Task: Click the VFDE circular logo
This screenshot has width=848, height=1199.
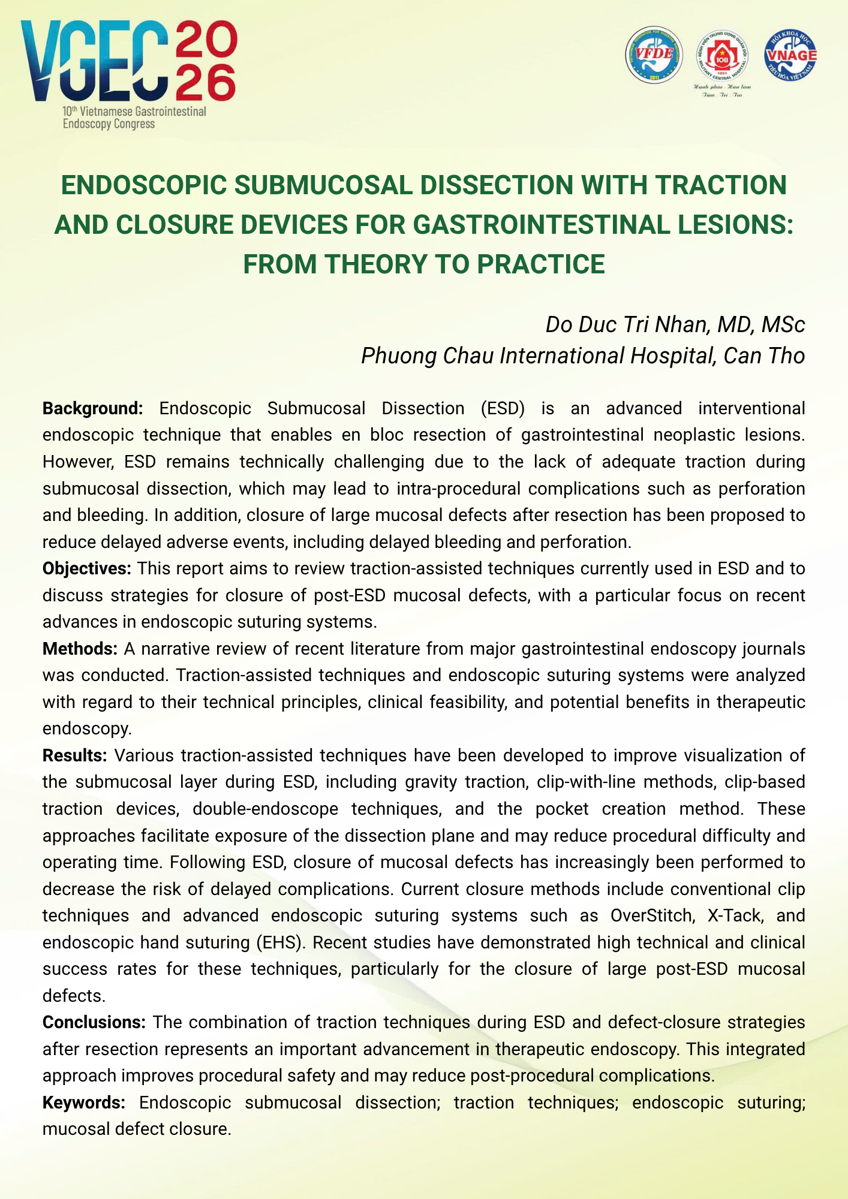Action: (x=654, y=55)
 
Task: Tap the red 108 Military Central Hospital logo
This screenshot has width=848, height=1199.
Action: (x=722, y=58)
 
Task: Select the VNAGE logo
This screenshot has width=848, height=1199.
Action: (x=790, y=55)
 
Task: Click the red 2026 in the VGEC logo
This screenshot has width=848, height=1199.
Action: (x=205, y=61)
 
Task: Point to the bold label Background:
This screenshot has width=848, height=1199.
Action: (x=92, y=408)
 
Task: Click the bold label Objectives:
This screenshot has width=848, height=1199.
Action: (x=86, y=568)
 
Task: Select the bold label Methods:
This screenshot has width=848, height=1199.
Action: (x=80, y=649)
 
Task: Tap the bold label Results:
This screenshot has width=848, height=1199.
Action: (x=74, y=755)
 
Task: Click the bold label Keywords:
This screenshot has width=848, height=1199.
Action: (x=83, y=1102)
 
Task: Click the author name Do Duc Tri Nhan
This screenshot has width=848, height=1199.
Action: (x=623, y=324)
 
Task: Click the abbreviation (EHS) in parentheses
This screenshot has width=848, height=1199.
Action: (x=280, y=942)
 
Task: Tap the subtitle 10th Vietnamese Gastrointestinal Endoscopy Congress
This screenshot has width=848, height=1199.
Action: (x=134, y=118)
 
